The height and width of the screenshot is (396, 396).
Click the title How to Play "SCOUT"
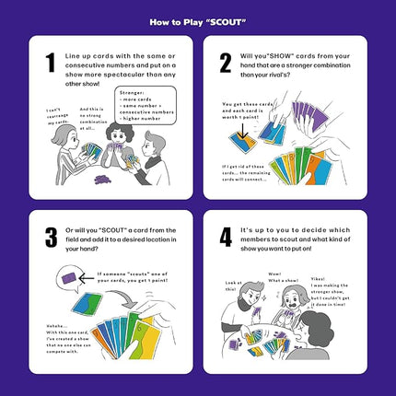point(198,17)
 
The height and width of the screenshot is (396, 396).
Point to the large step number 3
point(50,237)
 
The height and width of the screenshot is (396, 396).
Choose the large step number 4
point(225,237)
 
